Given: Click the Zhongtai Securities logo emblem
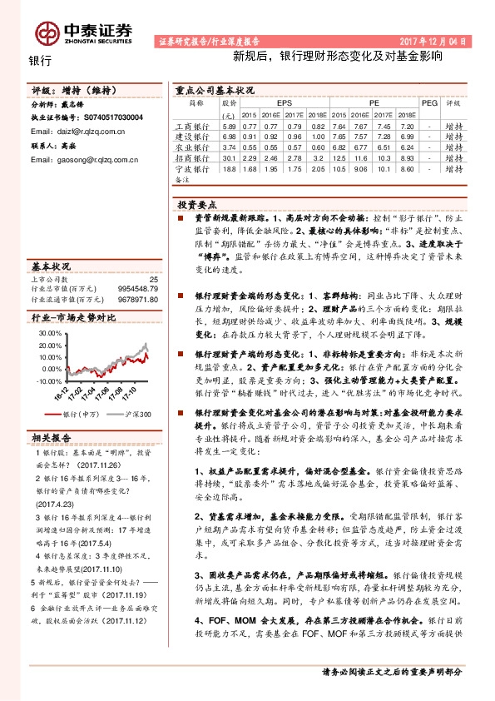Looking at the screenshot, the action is coord(47,32).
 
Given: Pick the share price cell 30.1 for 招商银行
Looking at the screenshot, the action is coord(230,157).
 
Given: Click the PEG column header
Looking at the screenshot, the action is coord(429,102).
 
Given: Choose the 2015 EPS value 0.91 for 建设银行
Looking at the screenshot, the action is coord(250,135).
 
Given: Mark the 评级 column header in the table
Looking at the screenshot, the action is coord(453,102).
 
